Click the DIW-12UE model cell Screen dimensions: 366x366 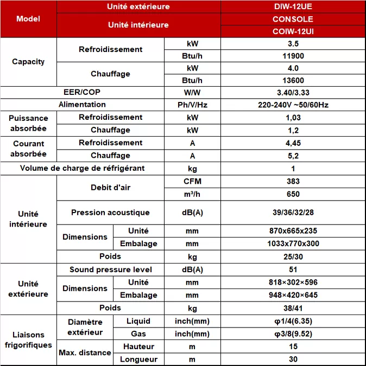293,7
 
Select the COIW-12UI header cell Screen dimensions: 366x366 293,31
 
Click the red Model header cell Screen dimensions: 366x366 28,19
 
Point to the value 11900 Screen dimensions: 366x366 293,56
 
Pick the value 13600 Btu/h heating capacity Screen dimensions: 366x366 293,80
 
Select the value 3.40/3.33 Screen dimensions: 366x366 293,93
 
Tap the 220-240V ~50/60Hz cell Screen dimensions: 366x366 293,105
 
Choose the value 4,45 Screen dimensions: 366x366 293,143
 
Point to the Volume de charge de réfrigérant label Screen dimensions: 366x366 82,168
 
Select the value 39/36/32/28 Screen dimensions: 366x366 293,213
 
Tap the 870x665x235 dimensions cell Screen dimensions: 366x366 293,231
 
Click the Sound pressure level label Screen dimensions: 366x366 110,269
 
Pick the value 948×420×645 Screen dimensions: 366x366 293,295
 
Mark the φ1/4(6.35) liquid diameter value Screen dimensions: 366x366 293,322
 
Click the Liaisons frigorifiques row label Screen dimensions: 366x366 28,340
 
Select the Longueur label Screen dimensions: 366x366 138,359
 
